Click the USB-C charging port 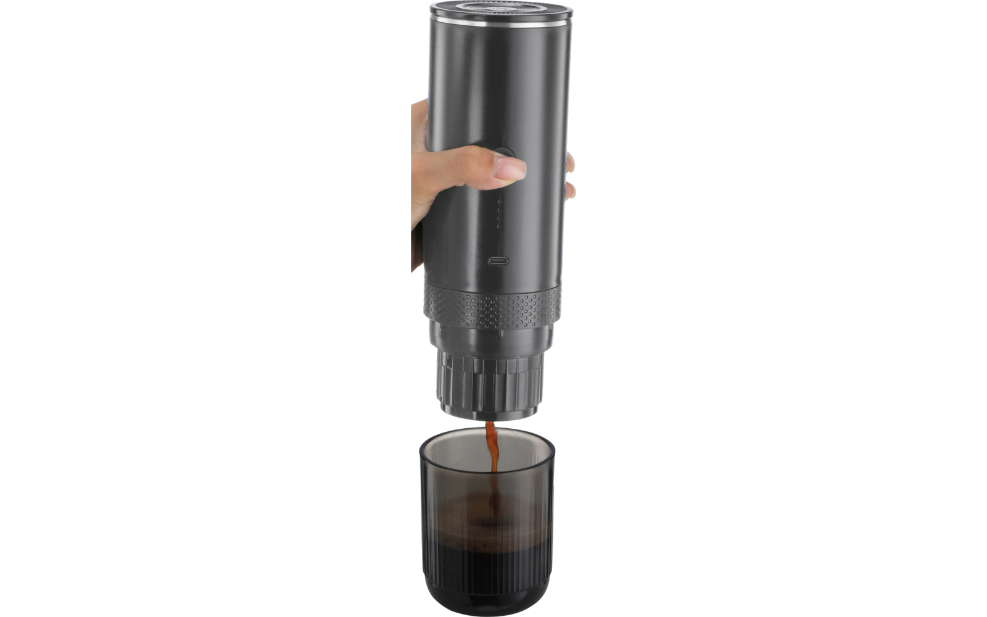click(498, 260)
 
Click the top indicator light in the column click(500, 202)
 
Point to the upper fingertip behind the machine click(571, 164)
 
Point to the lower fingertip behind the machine click(571, 189)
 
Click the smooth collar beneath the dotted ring click(490, 337)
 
